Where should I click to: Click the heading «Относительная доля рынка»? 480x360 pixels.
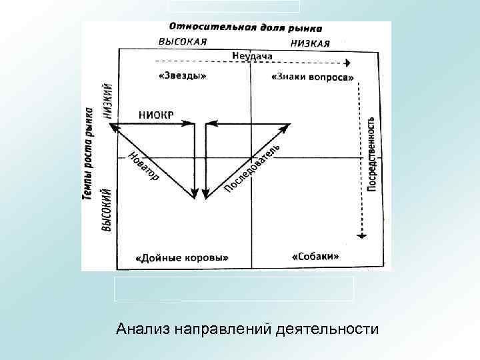click(245, 28)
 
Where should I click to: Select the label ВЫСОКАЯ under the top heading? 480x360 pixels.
click(182, 41)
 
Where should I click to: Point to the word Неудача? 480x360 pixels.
click(252, 55)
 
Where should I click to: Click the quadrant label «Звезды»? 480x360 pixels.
click(183, 75)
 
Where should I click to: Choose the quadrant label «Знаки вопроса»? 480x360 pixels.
click(313, 77)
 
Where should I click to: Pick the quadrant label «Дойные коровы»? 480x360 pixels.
click(181, 257)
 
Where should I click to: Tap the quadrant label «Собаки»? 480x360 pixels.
click(316, 256)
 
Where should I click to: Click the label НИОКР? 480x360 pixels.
click(156, 114)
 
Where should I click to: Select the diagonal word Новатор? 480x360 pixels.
click(143, 167)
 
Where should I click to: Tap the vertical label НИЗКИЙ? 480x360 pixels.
click(107, 100)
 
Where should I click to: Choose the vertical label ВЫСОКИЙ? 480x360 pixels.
click(106, 209)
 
